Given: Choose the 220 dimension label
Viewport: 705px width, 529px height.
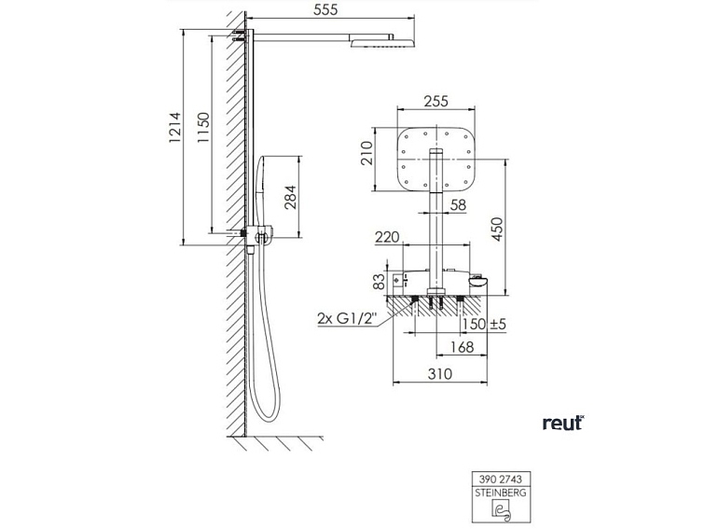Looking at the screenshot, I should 388,238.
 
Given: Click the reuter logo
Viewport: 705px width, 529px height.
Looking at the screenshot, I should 561,423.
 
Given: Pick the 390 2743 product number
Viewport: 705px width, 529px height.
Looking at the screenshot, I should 501,478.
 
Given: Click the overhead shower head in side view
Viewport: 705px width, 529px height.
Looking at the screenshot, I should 381,41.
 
